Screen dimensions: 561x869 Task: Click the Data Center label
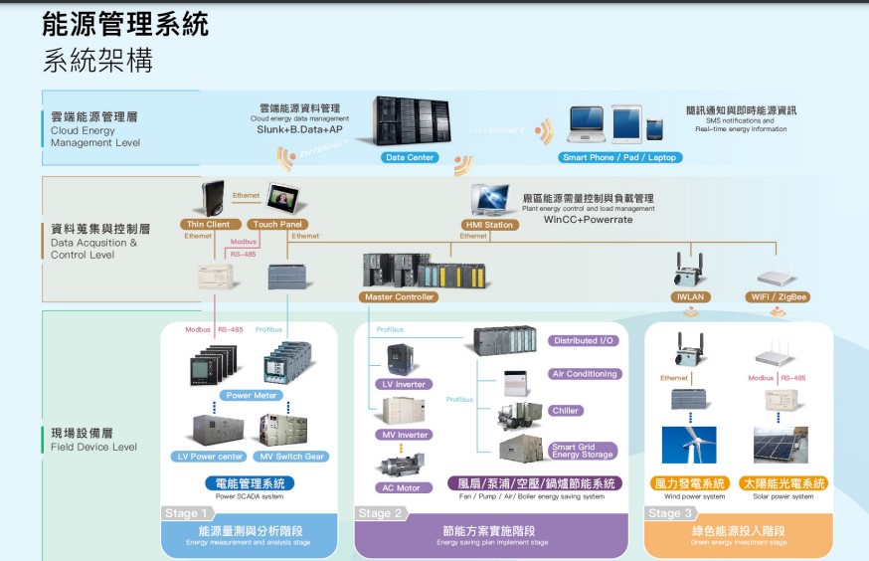[x=409, y=157]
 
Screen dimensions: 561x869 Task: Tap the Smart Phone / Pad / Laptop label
[x=619, y=157]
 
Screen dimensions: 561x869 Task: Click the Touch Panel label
[x=278, y=225]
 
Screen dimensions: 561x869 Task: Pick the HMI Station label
[x=490, y=225]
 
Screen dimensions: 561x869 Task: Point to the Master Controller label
[x=399, y=296]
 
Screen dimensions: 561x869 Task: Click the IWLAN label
[x=690, y=296]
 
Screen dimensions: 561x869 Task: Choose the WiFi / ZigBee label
[x=778, y=296]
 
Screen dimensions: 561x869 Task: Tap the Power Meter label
[x=252, y=395]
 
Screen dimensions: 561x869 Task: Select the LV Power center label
[x=210, y=457]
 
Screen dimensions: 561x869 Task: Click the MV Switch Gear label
[x=291, y=457]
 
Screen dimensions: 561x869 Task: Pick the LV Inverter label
[x=404, y=384]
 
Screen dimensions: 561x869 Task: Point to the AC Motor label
[x=403, y=487]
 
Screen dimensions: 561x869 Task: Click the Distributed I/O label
[x=584, y=340]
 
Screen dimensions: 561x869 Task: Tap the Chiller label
[x=566, y=410]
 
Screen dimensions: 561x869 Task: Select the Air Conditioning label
[x=585, y=374]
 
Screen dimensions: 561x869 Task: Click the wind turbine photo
[x=689, y=445]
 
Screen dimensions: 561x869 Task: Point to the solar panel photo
[x=781, y=445]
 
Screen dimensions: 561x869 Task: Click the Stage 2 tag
[x=380, y=513]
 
